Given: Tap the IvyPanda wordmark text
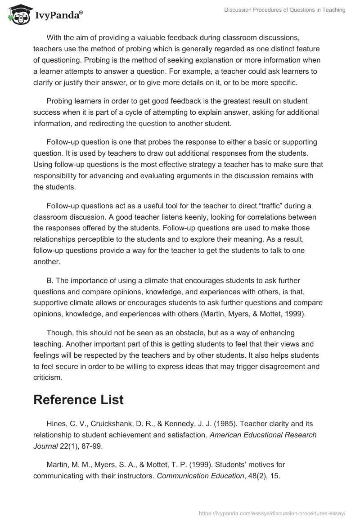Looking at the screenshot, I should coord(58,16).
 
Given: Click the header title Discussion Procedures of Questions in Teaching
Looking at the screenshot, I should coord(285,10).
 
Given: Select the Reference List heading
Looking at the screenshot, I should coord(78,400).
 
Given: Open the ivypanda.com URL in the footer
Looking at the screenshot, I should coord(272,513).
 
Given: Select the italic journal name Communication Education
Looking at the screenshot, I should coord(200,475).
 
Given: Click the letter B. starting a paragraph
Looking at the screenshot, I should coord(50,280).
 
